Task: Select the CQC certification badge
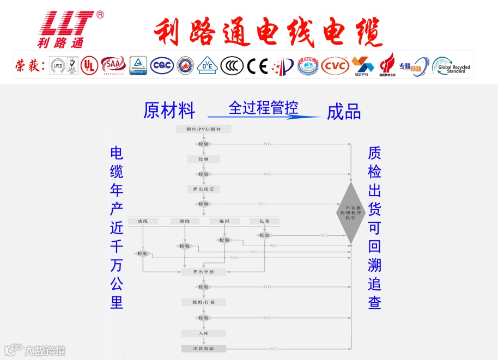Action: (x=161, y=65)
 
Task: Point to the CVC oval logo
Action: (x=335, y=66)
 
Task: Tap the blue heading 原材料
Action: (x=169, y=111)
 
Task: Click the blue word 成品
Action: (x=344, y=112)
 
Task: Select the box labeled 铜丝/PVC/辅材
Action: (x=204, y=129)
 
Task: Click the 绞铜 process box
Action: (x=203, y=159)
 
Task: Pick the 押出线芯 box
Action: (x=203, y=189)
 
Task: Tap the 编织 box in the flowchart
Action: (x=224, y=221)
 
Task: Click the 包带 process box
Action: (x=264, y=221)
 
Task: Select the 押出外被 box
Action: (x=203, y=271)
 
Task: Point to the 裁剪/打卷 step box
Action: (x=203, y=302)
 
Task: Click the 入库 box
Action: (x=203, y=333)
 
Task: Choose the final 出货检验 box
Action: (x=203, y=349)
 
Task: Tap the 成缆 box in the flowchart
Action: (x=143, y=221)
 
